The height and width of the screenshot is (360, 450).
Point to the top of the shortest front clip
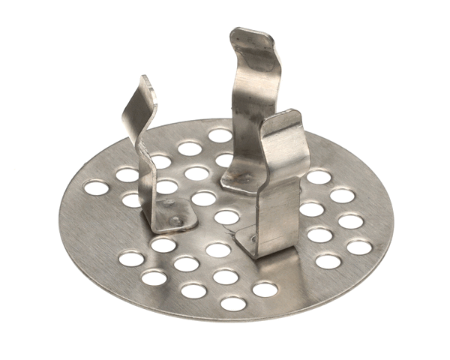[283, 118]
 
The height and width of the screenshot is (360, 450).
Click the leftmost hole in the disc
[95, 187]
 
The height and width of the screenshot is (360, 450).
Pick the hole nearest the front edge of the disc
[233, 303]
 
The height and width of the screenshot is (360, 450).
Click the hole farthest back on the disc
[220, 135]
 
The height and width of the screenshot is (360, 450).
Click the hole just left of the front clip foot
[218, 250]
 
